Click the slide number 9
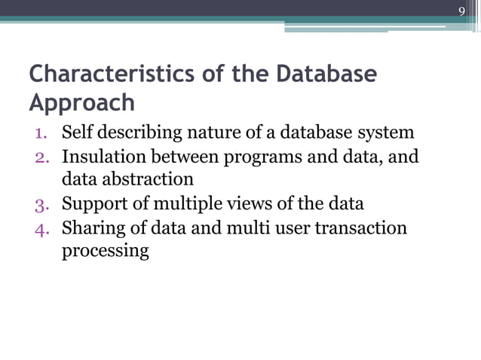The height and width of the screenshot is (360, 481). (x=462, y=11)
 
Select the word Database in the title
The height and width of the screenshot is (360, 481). (x=326, y=75)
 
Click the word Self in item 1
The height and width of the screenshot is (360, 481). (x=75, y=133)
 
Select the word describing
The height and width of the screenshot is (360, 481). (x=132, y=133)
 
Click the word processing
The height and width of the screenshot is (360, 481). (x=106, y=251)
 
